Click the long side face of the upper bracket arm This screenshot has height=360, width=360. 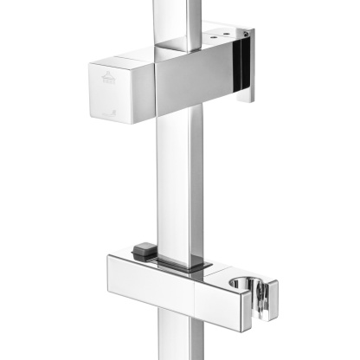[x=195, y=82]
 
